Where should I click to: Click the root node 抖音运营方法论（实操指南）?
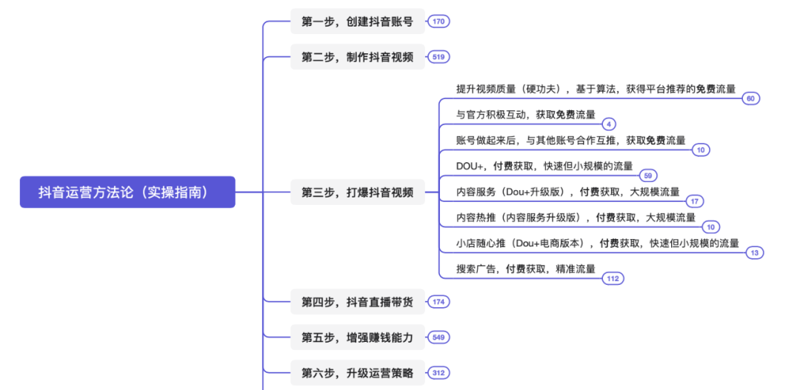127,192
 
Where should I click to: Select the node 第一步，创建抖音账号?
357,21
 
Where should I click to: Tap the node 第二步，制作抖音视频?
357,57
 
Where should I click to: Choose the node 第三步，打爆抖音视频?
357,192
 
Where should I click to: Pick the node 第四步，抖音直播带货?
357,301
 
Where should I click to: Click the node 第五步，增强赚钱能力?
357,337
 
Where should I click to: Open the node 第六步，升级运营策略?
357,373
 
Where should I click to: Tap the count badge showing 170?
439,21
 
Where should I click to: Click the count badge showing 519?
439,57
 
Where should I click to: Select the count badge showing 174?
439,301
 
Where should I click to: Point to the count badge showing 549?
439,337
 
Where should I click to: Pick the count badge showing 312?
439,373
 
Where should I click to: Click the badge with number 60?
750,98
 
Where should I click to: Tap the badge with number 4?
608,124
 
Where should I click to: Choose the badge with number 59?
648,175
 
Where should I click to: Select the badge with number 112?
613,278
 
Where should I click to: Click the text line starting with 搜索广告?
526,269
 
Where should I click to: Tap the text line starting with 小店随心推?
597,243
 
